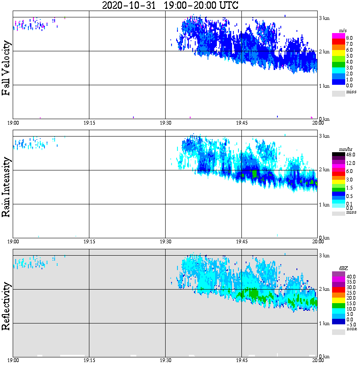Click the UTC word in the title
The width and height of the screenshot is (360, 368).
[x=227, y=6]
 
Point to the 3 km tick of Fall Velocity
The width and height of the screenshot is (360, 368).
[x=324, y=18]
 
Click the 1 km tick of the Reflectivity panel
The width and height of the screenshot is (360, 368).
[x=324, y=323]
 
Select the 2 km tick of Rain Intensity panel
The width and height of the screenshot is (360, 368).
[x=324, y=170]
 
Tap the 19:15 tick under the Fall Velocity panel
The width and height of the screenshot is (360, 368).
[x=89, y=123]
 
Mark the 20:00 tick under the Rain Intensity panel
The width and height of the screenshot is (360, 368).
[x=318, y=241]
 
